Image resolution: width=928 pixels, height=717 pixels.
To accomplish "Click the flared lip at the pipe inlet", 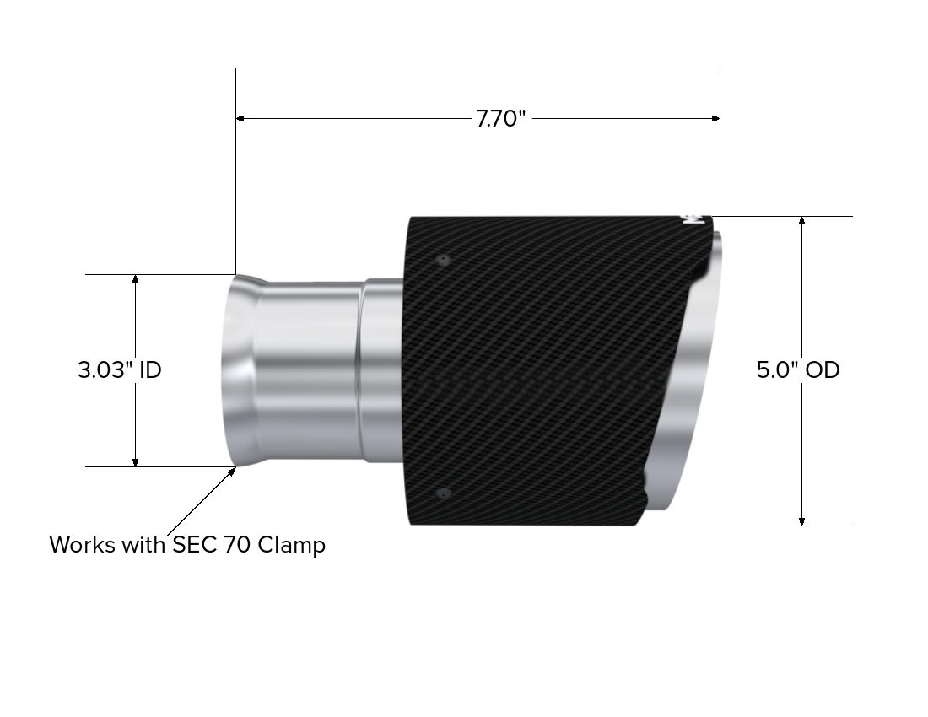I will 235,371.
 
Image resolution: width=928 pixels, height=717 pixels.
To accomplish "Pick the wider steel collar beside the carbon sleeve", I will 384,371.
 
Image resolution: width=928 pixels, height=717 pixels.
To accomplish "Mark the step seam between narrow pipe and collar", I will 360,371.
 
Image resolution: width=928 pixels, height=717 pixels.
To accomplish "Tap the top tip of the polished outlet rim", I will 718,235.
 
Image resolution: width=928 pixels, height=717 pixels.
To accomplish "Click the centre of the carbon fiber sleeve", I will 548,371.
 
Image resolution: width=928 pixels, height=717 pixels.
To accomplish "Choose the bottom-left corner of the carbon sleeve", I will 412,522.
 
